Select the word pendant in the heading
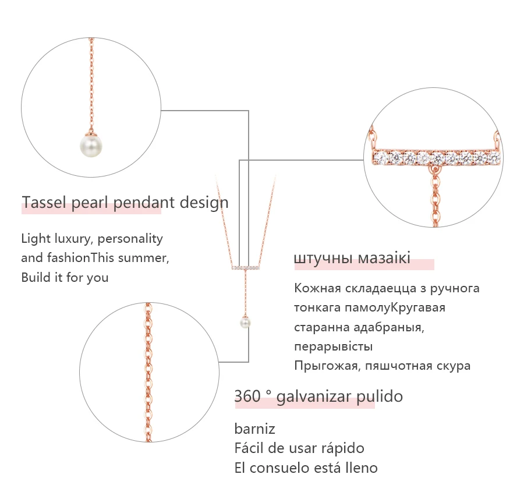[143, 203]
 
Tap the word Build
[36, 277]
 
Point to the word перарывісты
[333, 346]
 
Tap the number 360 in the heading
[247, 397]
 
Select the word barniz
[254, 429]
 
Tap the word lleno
[360, 468]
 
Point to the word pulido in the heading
[379, 397]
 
